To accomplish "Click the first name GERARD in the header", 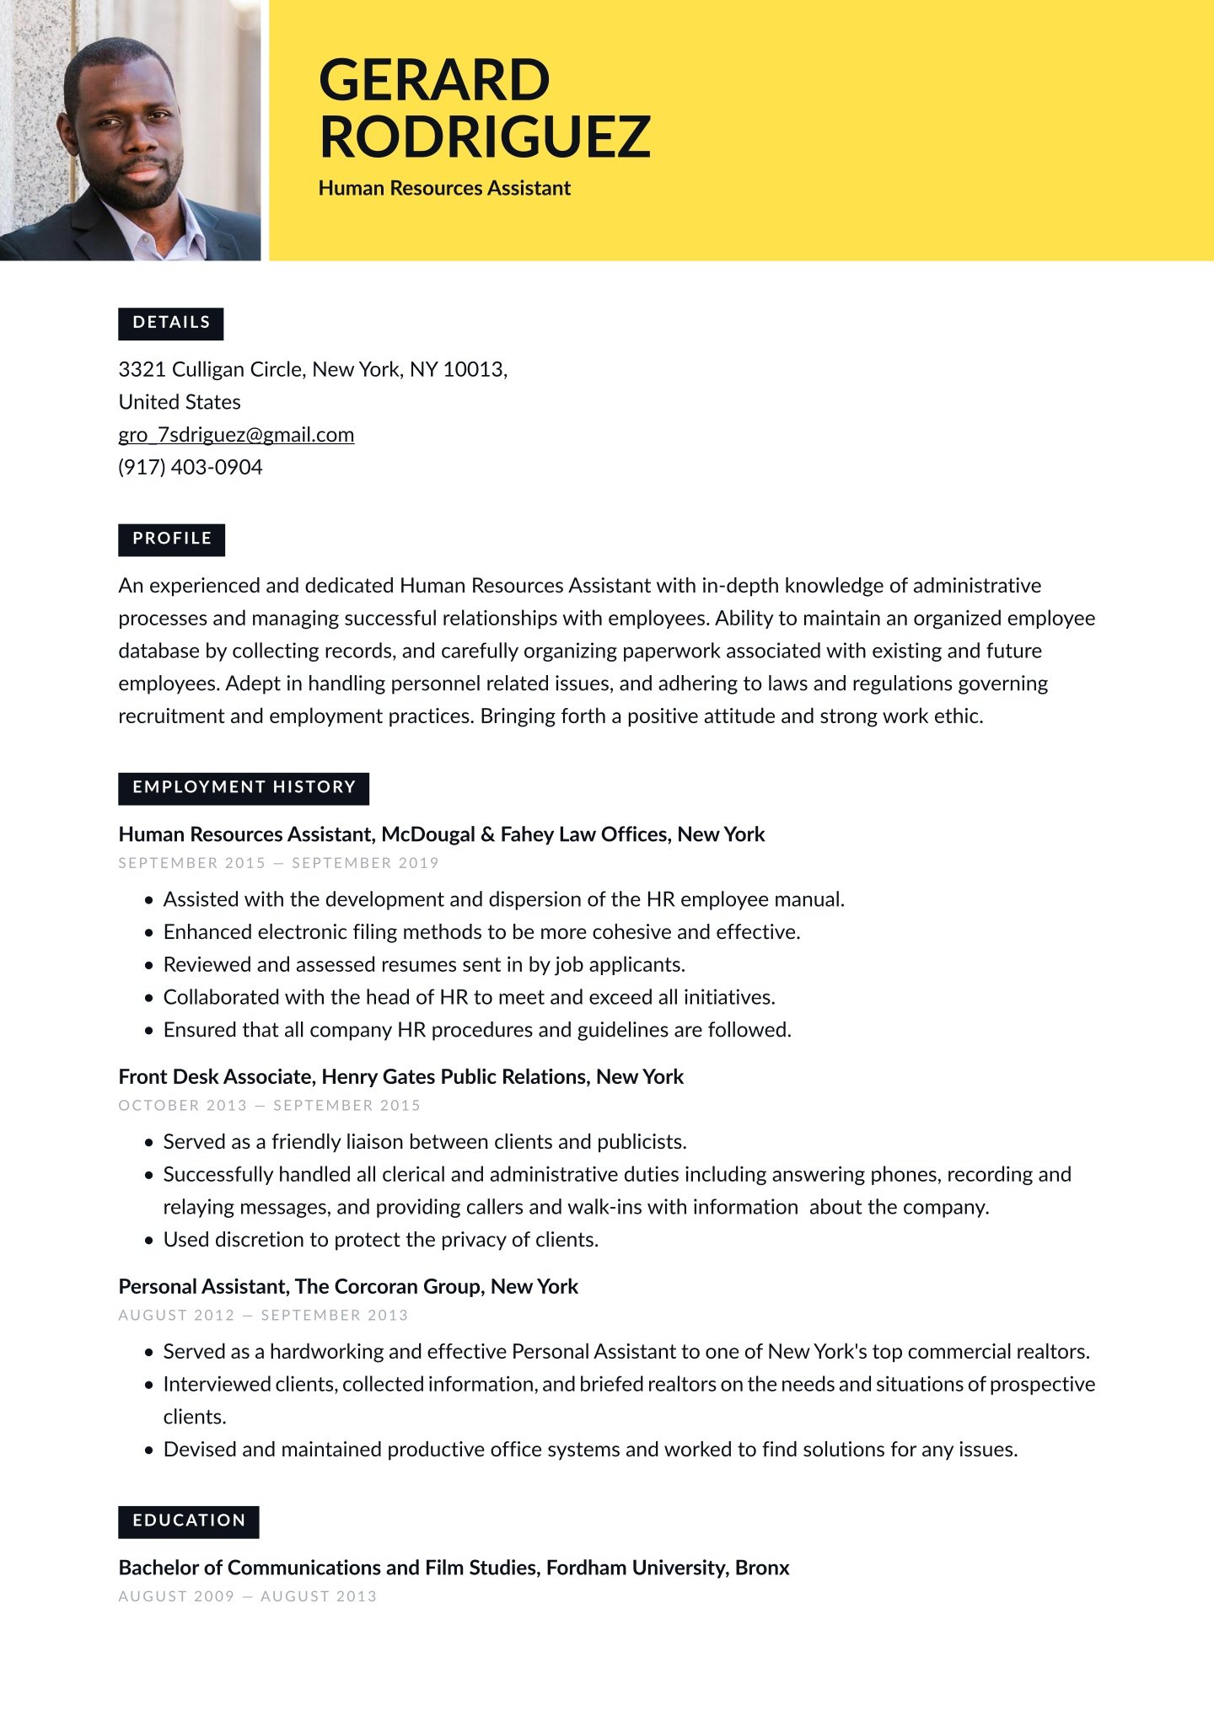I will [x=434, y=80].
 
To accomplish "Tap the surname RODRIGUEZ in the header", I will [x=485, y=137].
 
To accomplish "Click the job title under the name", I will [x=444, y=188].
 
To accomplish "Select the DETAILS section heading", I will [x=171, y=323].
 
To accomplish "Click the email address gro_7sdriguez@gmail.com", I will [x=236, y=435].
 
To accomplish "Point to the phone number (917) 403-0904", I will [x=191, y=467].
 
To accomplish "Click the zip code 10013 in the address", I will [x=473, y=369].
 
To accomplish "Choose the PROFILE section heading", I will [x=172, y=539].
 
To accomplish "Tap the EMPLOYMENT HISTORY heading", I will [x=244, y=787].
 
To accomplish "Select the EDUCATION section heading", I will [x=189, y=1520].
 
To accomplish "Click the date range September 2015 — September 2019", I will [x=278, y=863].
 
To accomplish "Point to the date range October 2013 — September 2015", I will [x=269, y=1105].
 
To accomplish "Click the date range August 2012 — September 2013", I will [x=263, y=1315].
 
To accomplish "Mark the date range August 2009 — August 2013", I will [x=247, y=1596].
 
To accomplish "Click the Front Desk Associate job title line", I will [x=401, y=1076].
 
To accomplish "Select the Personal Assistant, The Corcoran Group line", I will [x=348, y=1286].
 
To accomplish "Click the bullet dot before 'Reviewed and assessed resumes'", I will [x=149, y=966].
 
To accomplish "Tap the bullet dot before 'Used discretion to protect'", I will [x=149, y=1241].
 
